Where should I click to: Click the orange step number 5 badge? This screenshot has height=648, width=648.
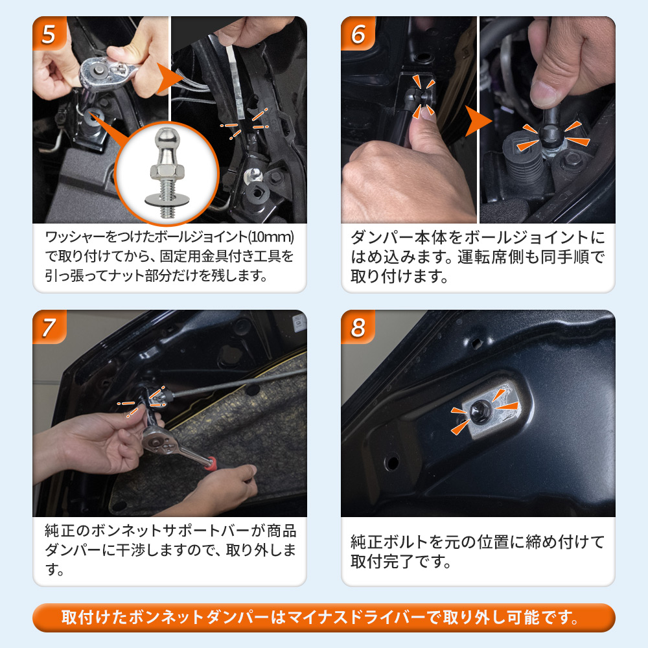[x=49, y=33]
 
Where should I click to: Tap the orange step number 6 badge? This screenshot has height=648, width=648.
[x=358, y=33]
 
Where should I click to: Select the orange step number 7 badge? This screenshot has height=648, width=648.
[x=49, y=327]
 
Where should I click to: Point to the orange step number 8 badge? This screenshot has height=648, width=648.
[x=358, y=327]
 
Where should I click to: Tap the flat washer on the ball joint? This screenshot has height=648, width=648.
[x=167, y=200]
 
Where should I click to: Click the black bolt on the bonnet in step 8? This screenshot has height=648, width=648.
[x=479, y=412]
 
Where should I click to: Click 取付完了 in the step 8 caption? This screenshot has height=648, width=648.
[x=382, y=561]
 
